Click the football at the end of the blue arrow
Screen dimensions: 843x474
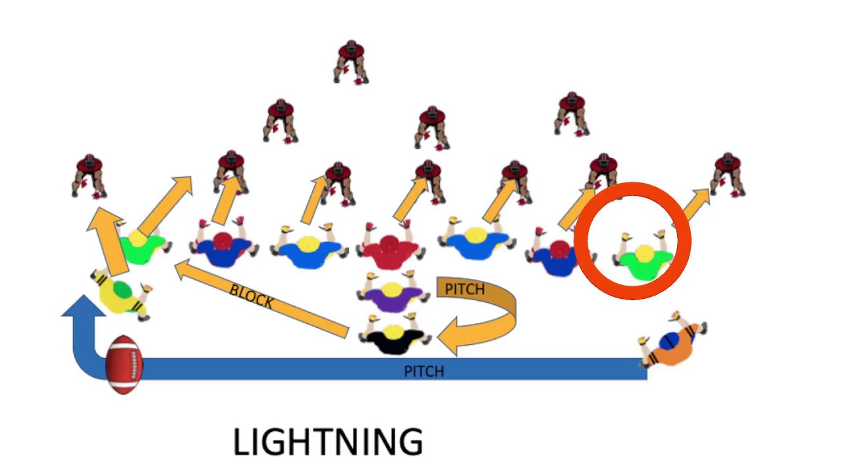[124, 365]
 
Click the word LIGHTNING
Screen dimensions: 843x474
[328, 442]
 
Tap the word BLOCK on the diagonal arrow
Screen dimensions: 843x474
[252, 296]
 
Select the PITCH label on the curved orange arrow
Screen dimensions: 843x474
[465, 289]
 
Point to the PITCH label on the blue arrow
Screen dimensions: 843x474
[423, 372]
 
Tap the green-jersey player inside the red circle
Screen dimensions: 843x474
[644, 257]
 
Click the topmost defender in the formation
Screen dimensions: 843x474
[351, 62]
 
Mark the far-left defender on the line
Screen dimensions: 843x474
[89, 176]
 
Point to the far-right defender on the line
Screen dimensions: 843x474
[728, 175]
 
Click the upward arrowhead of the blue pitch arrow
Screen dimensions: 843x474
[84, 305]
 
